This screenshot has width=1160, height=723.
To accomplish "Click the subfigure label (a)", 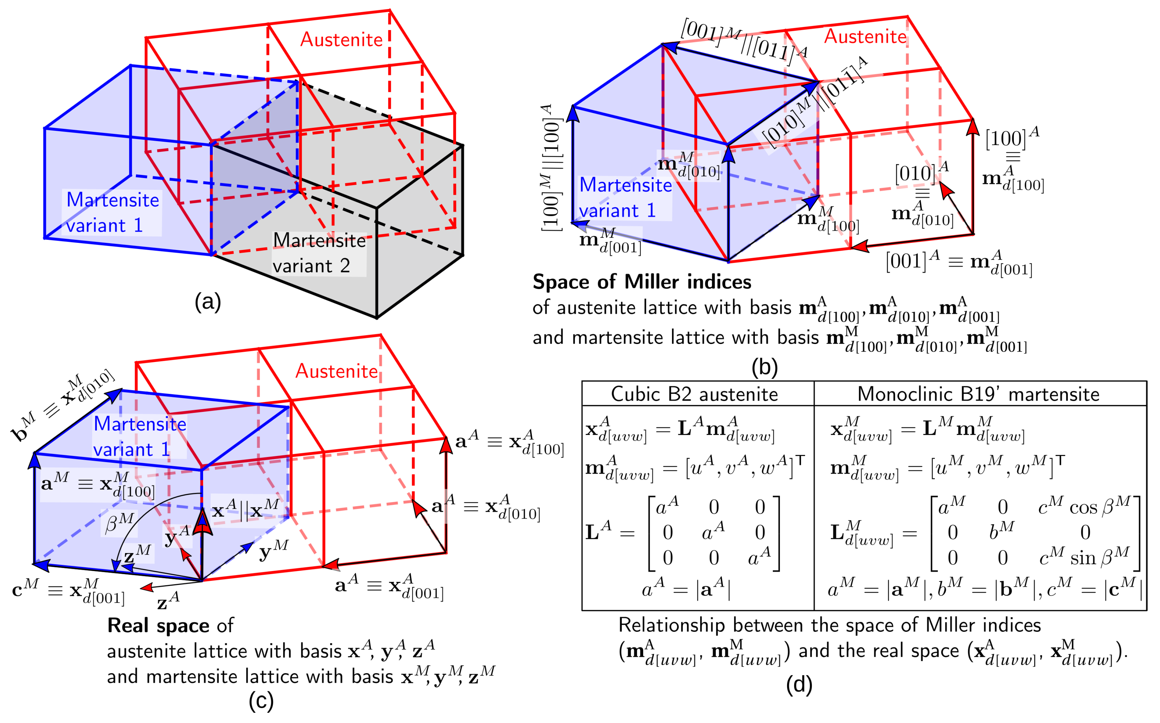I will (208, 302).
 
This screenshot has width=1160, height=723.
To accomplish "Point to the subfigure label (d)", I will (799, 685).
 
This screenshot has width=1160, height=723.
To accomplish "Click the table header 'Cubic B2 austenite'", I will (694, 394).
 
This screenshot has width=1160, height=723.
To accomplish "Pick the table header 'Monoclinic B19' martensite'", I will (978, 394).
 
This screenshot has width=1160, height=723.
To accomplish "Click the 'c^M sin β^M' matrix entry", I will (1084, 557).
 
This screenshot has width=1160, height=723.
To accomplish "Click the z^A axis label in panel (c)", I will (168, 601).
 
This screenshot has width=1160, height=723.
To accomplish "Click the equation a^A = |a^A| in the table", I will (686, 589).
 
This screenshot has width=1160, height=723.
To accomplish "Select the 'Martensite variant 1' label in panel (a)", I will (112, 212).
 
